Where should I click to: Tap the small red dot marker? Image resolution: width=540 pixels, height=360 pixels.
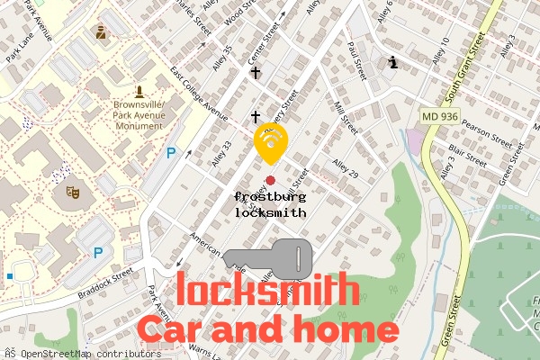[x=270, y=181]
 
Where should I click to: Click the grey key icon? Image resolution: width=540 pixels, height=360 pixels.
[x=268, y=257]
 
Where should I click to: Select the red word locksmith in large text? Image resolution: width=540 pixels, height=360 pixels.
[x=263, y=291]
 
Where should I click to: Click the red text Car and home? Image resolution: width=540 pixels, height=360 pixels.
[x=267, y=329]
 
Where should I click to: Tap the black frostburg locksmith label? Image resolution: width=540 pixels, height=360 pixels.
[x=270, y=205]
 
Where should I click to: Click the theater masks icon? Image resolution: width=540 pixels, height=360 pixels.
[x=71, y=191]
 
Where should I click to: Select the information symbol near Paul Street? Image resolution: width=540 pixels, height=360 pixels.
[x=393, y=62]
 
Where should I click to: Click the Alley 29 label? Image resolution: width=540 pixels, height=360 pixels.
[x=345, y=168]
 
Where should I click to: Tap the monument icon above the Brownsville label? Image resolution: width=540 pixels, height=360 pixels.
[x=139, y=91]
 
